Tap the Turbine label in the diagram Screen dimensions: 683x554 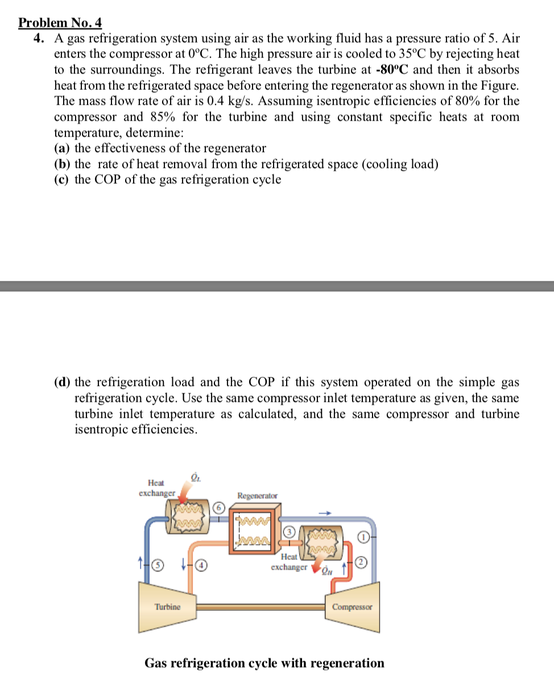tap(168, 607)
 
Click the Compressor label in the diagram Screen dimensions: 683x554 tap(353, 607)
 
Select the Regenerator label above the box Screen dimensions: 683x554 tap(258, 496)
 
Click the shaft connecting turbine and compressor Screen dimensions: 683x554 tap(261, 607)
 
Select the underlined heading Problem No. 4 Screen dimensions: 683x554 tap(60, 23)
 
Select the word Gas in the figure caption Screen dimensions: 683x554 tap(156, 663)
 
